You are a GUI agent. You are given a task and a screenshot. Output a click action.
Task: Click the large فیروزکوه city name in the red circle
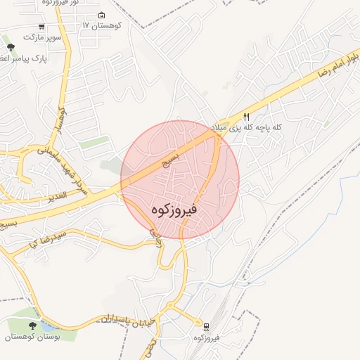[174, 210]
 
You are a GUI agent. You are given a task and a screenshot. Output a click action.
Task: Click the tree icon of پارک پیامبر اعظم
[10, 47]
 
